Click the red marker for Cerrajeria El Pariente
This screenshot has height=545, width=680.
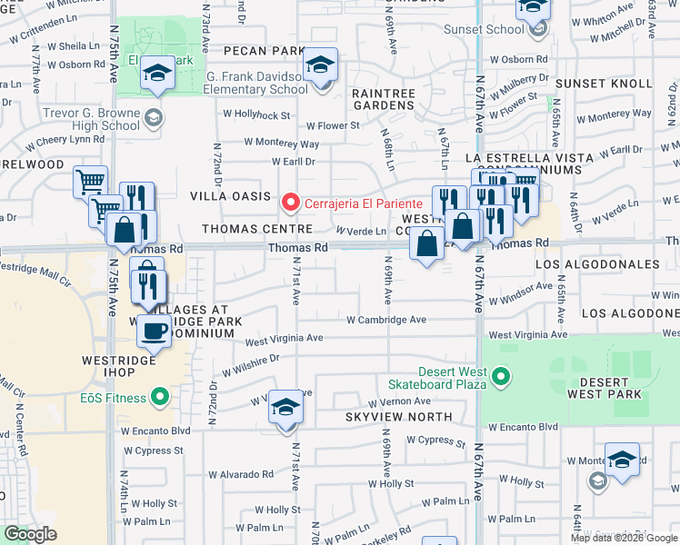coord(291,202)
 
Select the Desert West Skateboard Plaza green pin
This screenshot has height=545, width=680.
coord(498,375)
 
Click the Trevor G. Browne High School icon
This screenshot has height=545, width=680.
coord(154,115)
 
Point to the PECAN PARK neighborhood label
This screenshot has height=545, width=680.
coord(264,51)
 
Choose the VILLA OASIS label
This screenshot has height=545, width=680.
coord(230,196)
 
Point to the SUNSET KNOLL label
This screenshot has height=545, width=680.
coord(604,84)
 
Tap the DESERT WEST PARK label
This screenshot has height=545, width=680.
coord(604,386)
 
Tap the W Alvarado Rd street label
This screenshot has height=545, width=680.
coord(240,474)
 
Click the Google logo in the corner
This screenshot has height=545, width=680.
coord(30,534)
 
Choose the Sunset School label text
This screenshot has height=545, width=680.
coord(484,29)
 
